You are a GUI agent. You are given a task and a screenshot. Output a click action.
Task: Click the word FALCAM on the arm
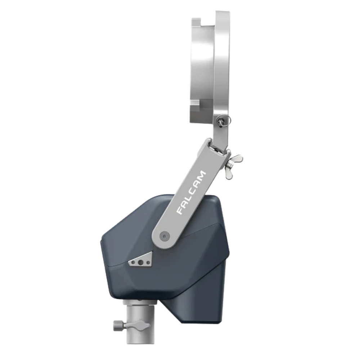coord(191,193)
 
